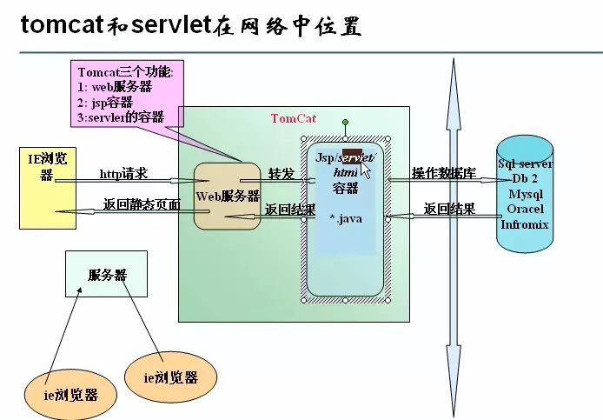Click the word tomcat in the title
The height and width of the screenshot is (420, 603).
(59, 26)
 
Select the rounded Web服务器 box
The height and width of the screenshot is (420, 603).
(228, 196)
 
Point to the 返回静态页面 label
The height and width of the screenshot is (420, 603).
(142, 205)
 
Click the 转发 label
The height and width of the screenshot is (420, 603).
(281, 173)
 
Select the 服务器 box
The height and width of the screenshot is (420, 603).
(108, 275)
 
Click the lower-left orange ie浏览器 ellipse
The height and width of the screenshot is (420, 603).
(70, 393)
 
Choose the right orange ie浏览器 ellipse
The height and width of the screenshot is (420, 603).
(170, 377)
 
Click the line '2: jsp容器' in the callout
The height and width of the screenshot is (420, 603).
(105, 102)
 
